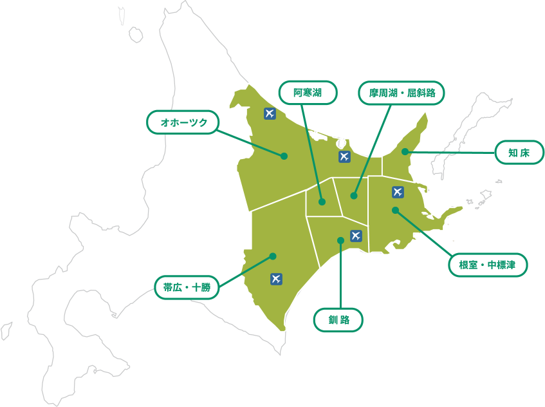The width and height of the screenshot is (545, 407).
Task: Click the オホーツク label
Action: tap(183, 122)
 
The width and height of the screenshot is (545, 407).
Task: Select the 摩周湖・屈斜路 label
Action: tap(402, 93)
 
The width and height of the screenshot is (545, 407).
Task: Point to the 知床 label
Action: tap(519, 153)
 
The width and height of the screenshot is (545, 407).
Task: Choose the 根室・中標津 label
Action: tap(487, 264)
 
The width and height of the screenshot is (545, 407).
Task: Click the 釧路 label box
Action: tap(338, 319)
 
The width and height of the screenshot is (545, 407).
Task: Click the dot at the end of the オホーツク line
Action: tap(284, 156)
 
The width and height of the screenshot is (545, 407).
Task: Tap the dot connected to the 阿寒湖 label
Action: tap(322, 202)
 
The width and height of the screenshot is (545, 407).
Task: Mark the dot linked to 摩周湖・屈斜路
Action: tap(354, 195)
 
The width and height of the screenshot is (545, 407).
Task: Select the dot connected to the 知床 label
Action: tap(405, 152)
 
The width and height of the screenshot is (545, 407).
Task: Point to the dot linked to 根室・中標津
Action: tap(395, 210)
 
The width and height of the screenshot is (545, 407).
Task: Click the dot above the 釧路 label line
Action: tap(340, 241)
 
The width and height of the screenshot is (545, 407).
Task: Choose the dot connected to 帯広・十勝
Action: tap(273, 256)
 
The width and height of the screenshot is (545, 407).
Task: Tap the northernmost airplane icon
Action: tap(270, 114)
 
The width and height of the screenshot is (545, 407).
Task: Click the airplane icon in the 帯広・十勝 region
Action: tap(277, 279)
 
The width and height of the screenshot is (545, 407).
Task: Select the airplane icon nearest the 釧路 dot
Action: tap(356, 236)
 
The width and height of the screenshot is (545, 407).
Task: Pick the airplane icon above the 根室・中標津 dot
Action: tap(398, 192)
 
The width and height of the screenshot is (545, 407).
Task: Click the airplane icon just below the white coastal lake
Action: tap(344, 156)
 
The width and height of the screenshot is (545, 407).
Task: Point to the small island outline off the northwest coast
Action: tap(135, 34)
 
